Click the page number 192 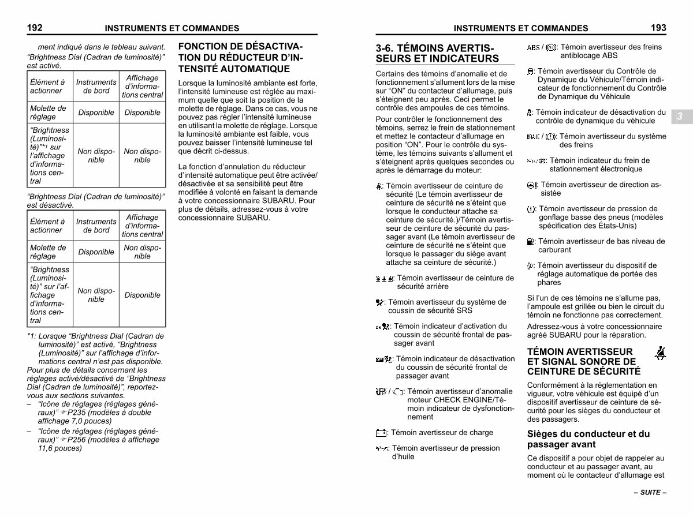click(x=35, y=27)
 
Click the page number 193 click(x=658, y=27)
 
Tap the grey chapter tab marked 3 click(x=680, y=117)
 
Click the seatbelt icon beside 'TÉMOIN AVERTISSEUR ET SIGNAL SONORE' click(x=660, y=354)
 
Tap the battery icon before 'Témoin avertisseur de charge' click(x=381, y=433)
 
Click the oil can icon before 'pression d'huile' click(x=382, y=448)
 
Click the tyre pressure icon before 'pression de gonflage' click(x=531, y=209)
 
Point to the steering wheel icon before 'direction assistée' click(x=532, y=185)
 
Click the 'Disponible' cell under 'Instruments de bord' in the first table click(x=96, y=113)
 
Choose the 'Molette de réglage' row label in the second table click(x=48, y=252)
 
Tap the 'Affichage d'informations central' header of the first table click(x=142, y=86)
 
